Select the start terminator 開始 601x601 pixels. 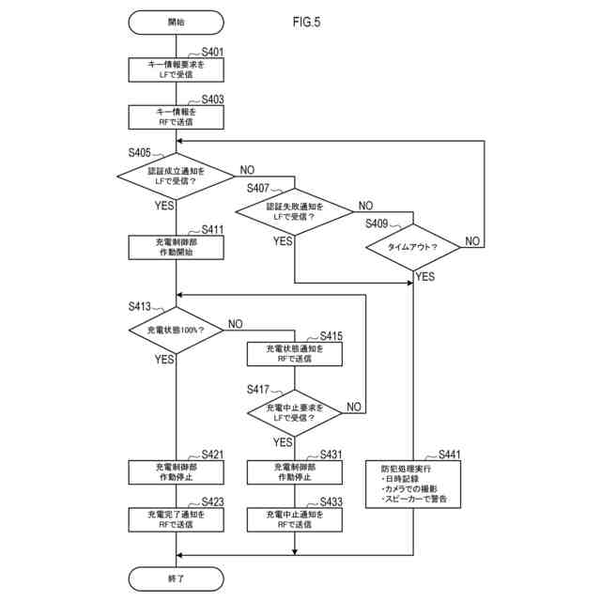pyautogui.click(x=177, y=21)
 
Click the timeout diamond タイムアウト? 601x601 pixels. pyautogui.click(x=413, y=248)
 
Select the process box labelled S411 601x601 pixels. pyautogui.click(x=177, y=246)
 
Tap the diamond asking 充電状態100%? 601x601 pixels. pyautogui.click(x=177, y=330)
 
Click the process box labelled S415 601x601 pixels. pyautogui.click(x=295, y=353)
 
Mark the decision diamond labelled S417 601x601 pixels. pyautogui.click(x=295, y=412)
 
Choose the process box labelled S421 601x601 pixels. pyautogui.click(x=177, y=471)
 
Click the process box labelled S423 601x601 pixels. pyautogui.click(x=177, y=519)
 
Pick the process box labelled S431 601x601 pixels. pyautogui.click(x=295, y=471)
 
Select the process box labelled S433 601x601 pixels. pyautogui.click(x=295, y=519)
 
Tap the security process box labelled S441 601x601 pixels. pyautogui.click(x=414, y=484)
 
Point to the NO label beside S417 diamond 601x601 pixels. pyautogui.click(x=355, y=407)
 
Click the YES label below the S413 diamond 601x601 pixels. pyautogui.click(x=164, y=360)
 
